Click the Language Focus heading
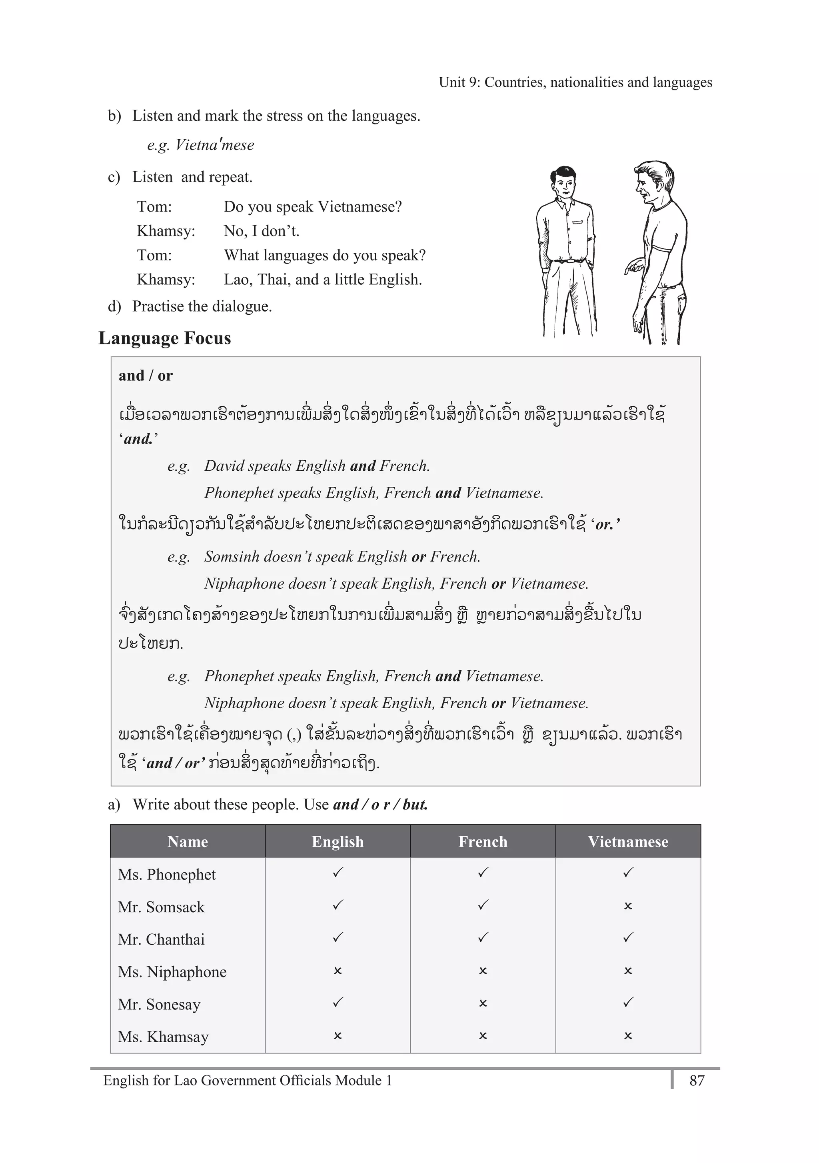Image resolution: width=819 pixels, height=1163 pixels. (165, 338)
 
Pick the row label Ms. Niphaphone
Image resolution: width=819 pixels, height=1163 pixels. (172, 971)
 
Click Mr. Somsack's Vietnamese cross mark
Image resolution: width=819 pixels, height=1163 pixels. (628, 906)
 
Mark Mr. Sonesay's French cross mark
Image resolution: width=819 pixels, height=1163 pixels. (483, 1003)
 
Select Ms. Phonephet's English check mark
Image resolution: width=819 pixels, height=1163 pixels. (338, 873)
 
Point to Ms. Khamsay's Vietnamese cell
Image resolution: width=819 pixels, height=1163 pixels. (628, 1036)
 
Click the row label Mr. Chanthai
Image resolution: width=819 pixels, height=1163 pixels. (161, 939)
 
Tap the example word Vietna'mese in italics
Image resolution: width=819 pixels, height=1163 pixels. (215, 146)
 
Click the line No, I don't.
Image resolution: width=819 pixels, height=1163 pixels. (262, 231)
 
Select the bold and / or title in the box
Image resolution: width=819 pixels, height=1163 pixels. (145, 376)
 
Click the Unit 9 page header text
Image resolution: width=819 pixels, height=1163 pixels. (575, 82)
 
